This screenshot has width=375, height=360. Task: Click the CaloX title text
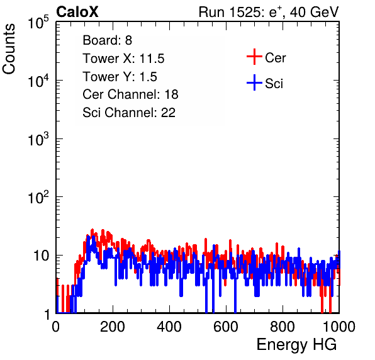click(77, 12)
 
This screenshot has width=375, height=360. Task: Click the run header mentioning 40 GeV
click(269, 12)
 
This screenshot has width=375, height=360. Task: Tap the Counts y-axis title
click(9, 49)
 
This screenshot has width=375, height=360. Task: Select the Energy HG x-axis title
click(296, 344)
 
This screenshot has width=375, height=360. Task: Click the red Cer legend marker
click(254, 57)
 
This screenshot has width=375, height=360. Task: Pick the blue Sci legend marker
click(254, 82)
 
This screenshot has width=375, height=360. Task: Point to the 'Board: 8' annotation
click(107, 40)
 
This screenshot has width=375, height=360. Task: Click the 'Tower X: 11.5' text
click(123, 59)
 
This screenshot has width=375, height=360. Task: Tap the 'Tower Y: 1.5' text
click(120, 77)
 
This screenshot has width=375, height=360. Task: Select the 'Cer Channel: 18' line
click(130, 94)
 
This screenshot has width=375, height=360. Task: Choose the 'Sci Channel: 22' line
click(129, 113)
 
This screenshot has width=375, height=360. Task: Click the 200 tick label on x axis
click(113, 327)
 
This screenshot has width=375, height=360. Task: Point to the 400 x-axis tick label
click(169, 327)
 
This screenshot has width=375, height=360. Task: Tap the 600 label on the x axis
click(226, 327)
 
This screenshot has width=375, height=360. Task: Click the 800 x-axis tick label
click(283, 327)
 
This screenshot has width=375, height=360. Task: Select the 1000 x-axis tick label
click(339, 327)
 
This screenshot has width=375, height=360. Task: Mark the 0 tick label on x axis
click(56, 327)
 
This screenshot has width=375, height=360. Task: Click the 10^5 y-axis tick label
click(38, 22)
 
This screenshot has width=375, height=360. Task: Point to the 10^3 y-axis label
click(38, 139)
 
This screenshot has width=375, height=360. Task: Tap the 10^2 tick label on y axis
click(38, 198)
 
